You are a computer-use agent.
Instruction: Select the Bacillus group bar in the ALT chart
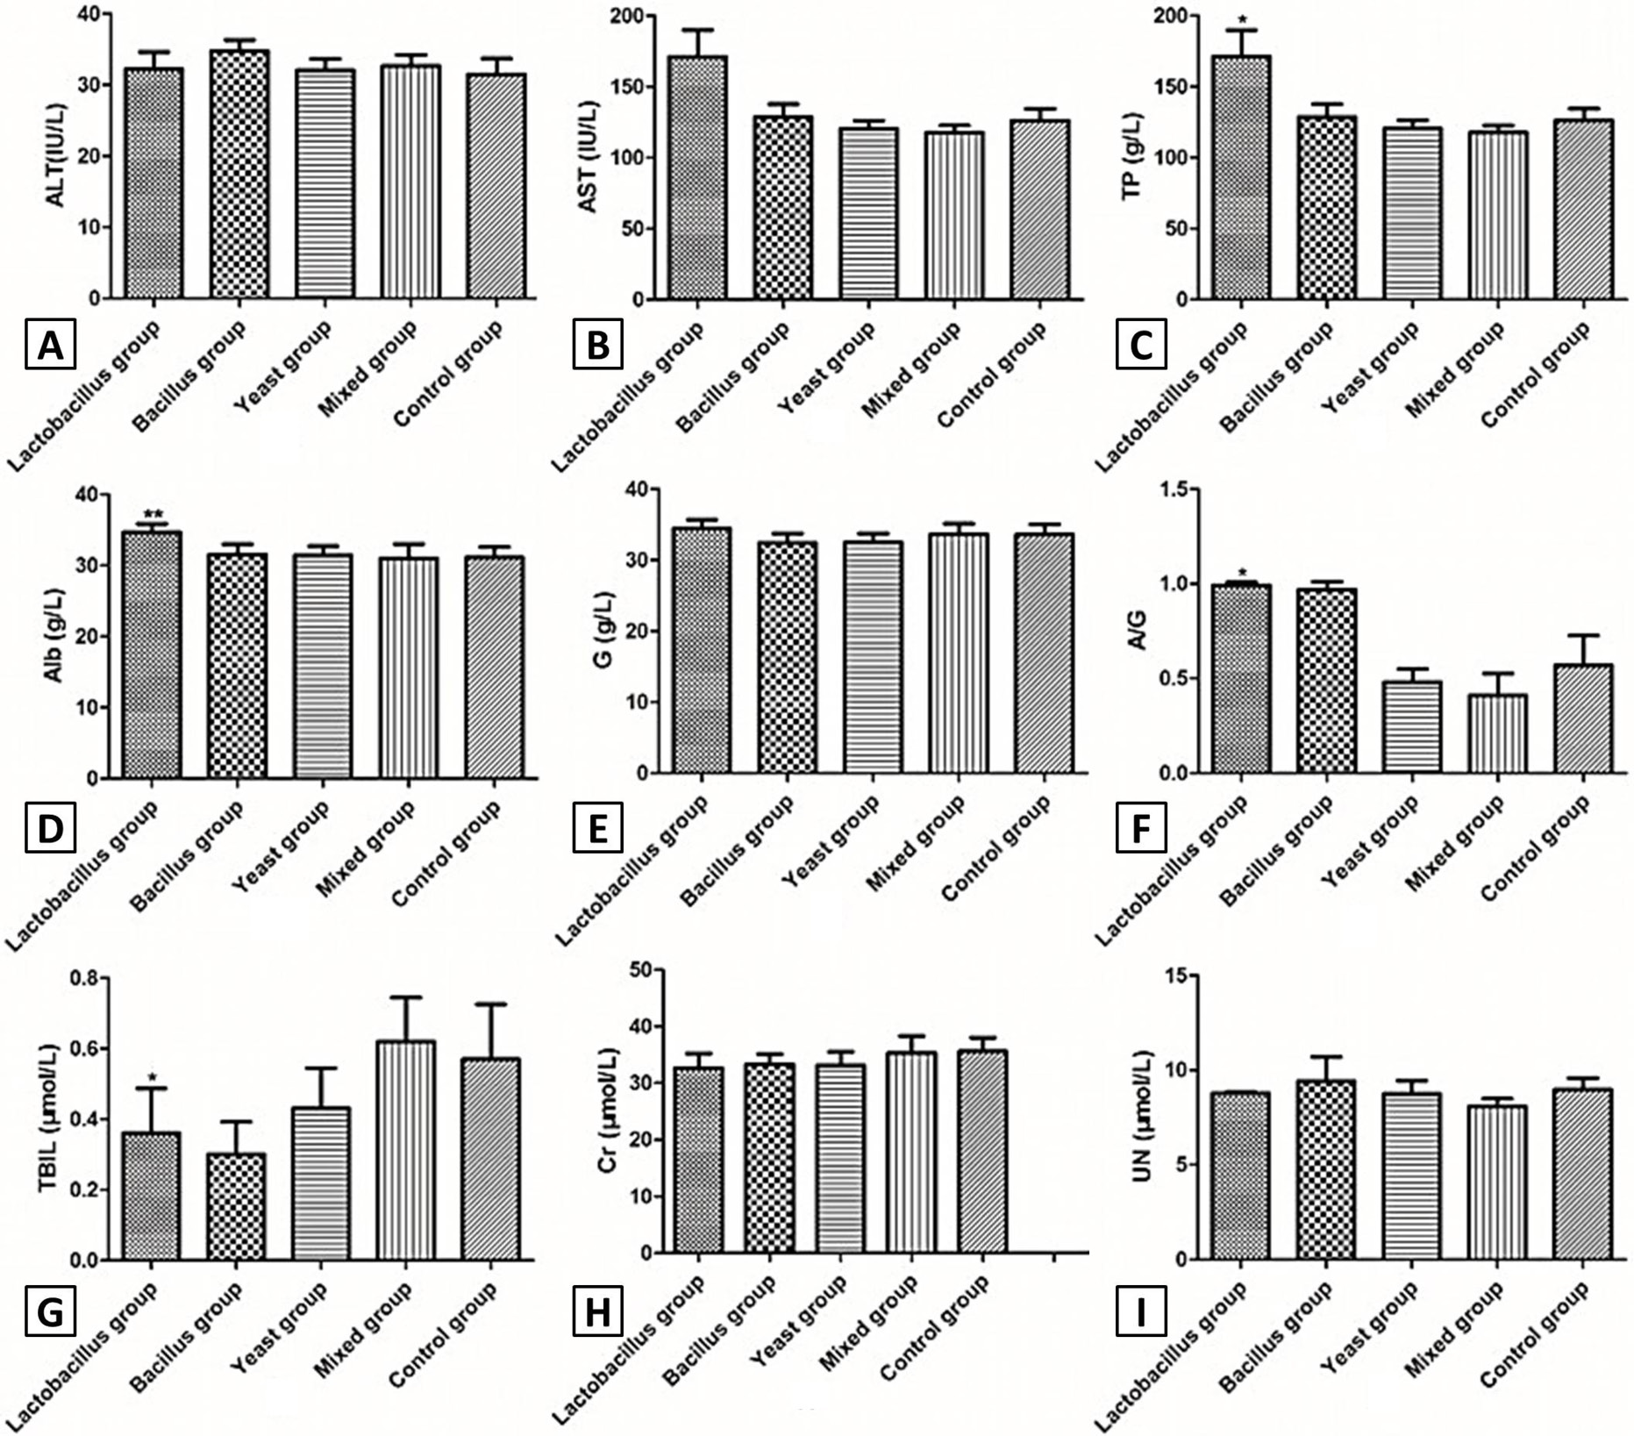click(x=239, y=175)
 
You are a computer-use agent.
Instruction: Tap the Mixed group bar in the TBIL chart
click(x=405, y=1151)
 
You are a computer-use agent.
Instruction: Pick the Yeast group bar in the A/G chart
click(x=1412, y=727)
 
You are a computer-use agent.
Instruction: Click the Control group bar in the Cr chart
click(x=983, y=1152)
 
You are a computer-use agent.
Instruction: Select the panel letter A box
click(x=51, y=345)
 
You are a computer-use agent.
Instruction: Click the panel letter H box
click(x=597, y=1313)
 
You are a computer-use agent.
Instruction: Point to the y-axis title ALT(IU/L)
click(x=56, y=154)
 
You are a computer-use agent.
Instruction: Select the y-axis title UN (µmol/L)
click(x=1141, y=1117)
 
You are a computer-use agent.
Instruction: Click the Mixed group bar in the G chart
click(x=959, y=654)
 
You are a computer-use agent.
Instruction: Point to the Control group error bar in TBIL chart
click(x=491, y=1031)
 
